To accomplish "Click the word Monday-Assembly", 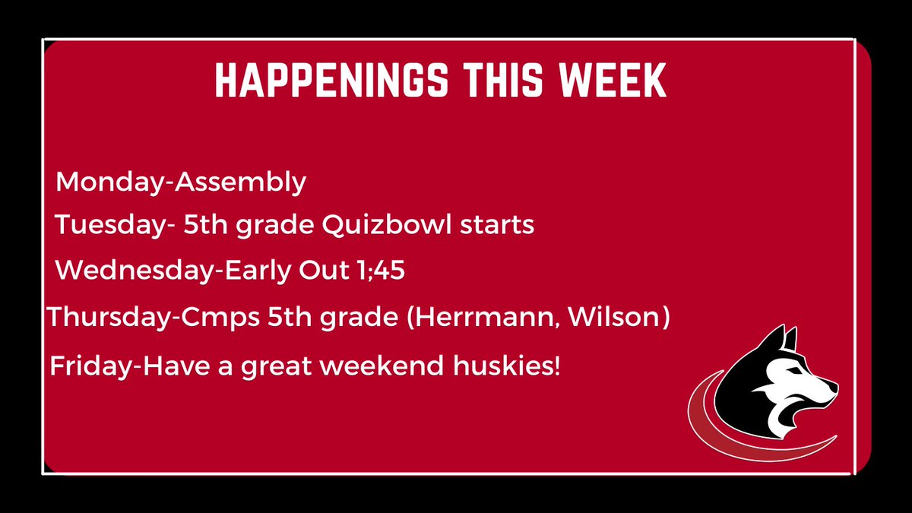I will [x=182, y=182].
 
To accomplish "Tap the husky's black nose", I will [x=834, y=389].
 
